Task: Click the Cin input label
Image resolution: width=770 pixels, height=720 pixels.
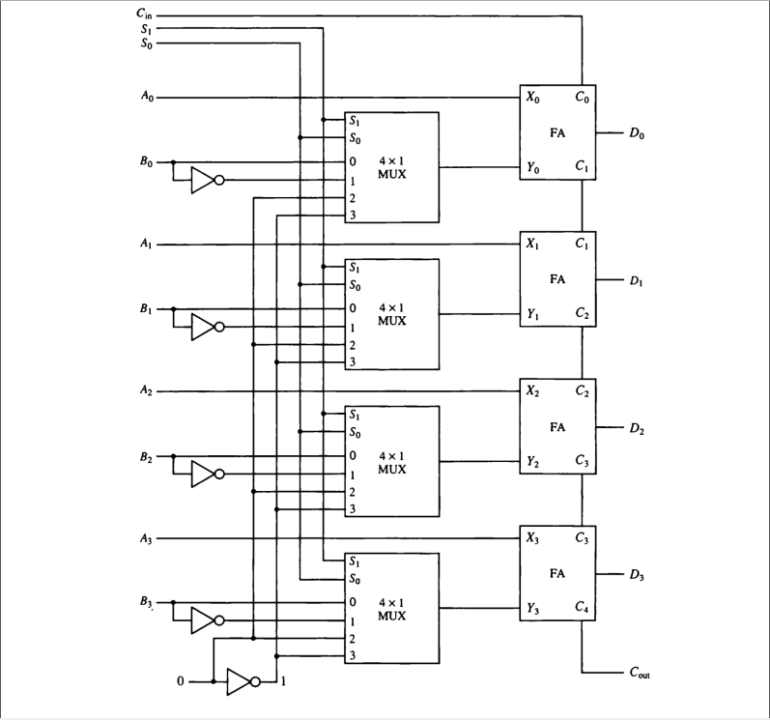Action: coord(144,15)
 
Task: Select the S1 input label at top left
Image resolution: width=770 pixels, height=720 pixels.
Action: coord(145,30)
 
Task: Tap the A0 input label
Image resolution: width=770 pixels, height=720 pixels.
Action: coord(145,98)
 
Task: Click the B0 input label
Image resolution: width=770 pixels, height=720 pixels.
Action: coord(145,161)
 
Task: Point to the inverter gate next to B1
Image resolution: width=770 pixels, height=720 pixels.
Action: coord(206,328)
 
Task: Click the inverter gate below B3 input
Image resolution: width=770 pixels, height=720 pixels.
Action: coord(206,620)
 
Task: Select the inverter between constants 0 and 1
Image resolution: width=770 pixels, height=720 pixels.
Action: coord(242,681)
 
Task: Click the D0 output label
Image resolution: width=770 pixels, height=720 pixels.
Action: coord(636,134)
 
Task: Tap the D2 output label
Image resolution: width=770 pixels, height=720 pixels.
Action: coord(636,428)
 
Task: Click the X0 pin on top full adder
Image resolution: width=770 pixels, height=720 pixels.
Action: coord(533,98)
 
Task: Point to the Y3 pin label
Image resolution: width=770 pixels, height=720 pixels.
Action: coord(533,609)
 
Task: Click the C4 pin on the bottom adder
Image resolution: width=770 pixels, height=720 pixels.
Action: coord(582,609)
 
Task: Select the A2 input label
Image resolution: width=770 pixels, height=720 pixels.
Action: coord(145,391)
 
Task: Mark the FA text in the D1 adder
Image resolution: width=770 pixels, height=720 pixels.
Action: coord(557,279)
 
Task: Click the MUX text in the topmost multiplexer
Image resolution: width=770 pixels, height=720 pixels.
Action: coord(391,174)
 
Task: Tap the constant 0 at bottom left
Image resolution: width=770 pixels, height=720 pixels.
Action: coord(180,682)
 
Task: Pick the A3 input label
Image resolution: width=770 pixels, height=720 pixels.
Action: coord(145,538)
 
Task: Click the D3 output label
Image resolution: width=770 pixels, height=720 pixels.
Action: coord(636,576)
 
